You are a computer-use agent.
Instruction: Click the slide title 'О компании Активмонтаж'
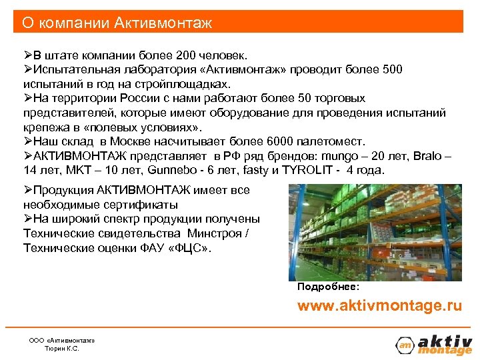click(x=117, y=23)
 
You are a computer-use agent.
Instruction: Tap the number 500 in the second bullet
click(x=392, y=69)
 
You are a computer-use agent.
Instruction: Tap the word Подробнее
click(x=328, y=286)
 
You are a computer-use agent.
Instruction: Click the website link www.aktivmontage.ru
click(x=379, y=306)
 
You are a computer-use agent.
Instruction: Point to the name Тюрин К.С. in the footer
click(x=61, y=348)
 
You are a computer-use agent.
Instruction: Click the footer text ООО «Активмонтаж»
click(x=62, y=340)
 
